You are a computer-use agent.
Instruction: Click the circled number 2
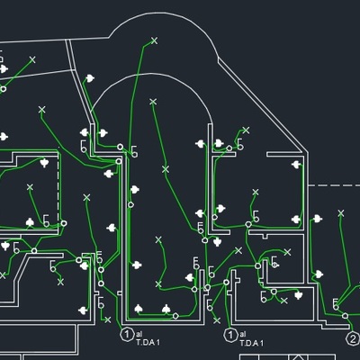(x=353, y=339)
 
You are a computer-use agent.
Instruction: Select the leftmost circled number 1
(x=128, y=335)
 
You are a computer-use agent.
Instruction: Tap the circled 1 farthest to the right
(x=230, y=335)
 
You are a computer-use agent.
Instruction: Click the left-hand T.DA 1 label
(x=148, y=343)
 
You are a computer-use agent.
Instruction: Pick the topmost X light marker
(x=154, y=40)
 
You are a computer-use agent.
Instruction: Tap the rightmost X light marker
(x=340, y=213)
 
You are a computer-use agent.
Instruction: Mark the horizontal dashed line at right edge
(x=333, y=184)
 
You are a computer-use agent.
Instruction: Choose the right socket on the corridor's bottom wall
(x=166, y=310)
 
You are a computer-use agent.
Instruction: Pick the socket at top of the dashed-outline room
(x=44, y=163)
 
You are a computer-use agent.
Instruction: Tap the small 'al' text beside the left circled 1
(x=140, y=334)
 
